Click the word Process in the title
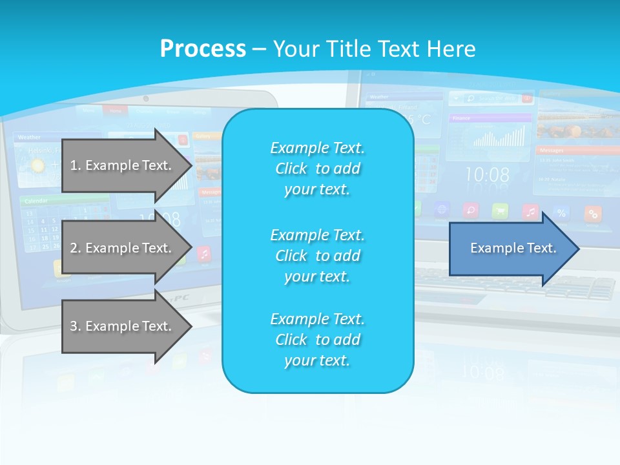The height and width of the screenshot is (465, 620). click(203, 48)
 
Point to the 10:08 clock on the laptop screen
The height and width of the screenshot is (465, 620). click(488, 174)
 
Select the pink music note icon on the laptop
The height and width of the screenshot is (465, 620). click(530, 212)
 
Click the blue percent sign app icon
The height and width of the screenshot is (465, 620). click(561, 212)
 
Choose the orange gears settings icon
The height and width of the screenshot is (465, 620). click(592, 213)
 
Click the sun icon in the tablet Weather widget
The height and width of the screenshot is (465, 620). click(37, 165)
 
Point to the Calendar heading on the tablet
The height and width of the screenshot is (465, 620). click(37, 201)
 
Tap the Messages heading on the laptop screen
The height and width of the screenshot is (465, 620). click(553, 150)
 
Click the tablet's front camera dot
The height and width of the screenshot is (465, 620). click(146, 99)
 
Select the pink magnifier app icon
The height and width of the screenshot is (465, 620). click(470, 211)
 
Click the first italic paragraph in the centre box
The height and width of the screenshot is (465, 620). click(317, 169)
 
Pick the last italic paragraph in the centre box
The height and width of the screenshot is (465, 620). click(317, 340)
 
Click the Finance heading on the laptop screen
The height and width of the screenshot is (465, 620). click(461, 118)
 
